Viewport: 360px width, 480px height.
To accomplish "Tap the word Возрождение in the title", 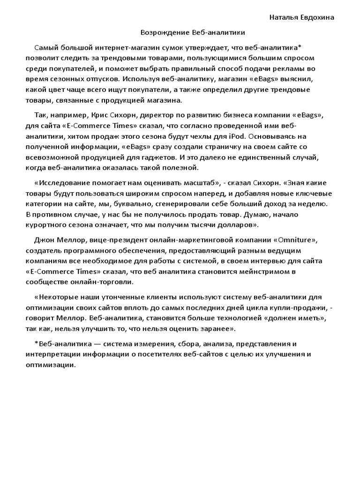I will point(165,32).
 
